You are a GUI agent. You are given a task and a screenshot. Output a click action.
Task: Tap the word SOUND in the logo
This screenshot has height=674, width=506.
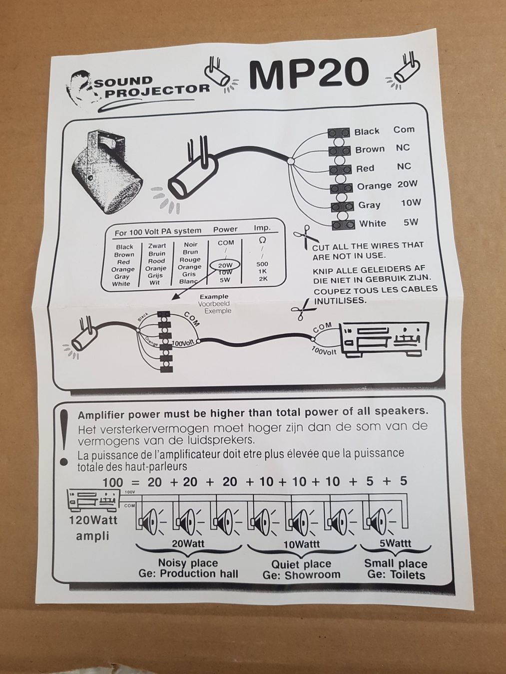[x=123, y=81]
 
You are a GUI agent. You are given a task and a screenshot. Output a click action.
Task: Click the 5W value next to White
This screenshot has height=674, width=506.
[x=411, y=222]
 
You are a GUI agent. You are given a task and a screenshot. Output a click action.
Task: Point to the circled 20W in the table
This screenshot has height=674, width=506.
[x=225, y=265]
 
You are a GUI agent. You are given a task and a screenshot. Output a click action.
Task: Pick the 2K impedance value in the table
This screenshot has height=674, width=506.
[x=263, y=279]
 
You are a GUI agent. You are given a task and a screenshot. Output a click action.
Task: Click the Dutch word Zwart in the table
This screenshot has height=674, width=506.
[x=157, y=246]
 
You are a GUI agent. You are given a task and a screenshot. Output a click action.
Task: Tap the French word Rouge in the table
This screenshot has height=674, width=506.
[x=190, y=260]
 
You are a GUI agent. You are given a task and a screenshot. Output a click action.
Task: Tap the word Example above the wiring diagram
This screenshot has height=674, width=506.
[x=214, y=297]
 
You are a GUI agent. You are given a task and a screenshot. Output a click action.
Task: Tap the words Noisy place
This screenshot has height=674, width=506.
[x=188, y=563]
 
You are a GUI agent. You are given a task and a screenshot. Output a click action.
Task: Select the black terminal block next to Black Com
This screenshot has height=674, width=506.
[x=338, y=133]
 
